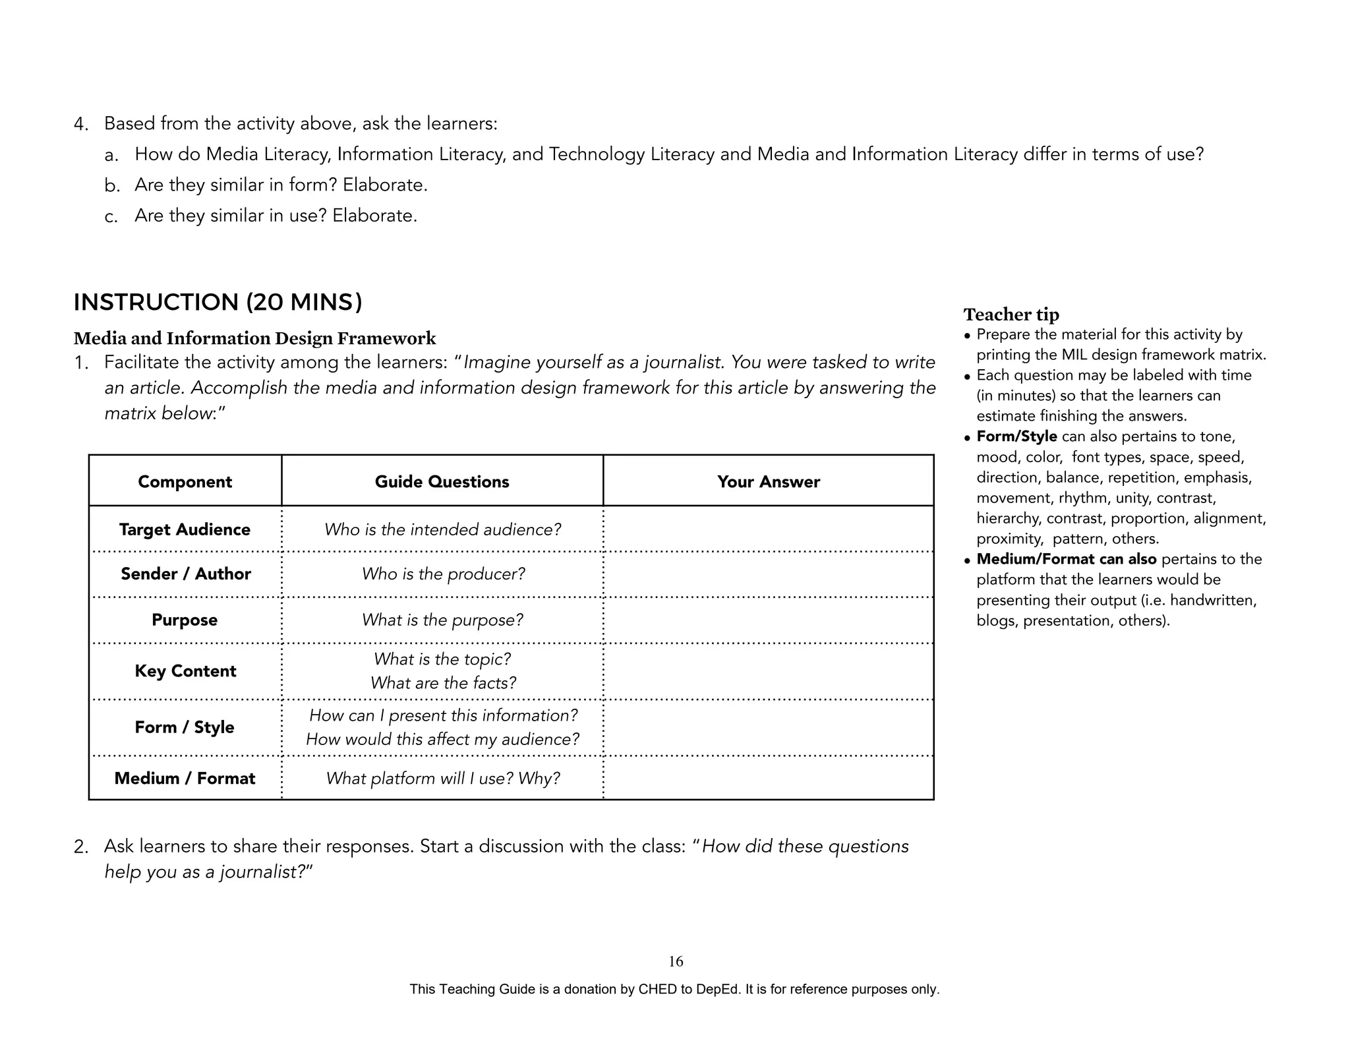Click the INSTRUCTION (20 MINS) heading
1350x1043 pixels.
click(218, 303)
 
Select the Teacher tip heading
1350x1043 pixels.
click(1011, 314)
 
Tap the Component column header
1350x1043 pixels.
click(185, 482)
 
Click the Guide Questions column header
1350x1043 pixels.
click(442, 482)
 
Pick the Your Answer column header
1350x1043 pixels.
click(769, 482)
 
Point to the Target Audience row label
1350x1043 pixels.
click(185, 529)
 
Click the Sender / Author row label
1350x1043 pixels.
click(186, 574)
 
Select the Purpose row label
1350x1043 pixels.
click(185, 620)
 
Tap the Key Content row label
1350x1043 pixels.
click(185, 671)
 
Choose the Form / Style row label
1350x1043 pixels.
click(185, 727)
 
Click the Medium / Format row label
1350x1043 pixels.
click(185, 778)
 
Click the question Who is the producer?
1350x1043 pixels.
click(443, 574)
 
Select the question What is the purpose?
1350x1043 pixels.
click(442, 620)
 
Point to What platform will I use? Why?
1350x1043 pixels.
click(443, 779)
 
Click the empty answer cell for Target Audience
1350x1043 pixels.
click(769, 529)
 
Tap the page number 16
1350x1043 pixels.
click(676, 961)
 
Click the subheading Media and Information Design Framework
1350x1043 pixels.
click(254, 338)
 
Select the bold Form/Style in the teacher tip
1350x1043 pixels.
click(1016, 436)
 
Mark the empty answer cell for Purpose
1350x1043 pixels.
click(769, 620)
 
